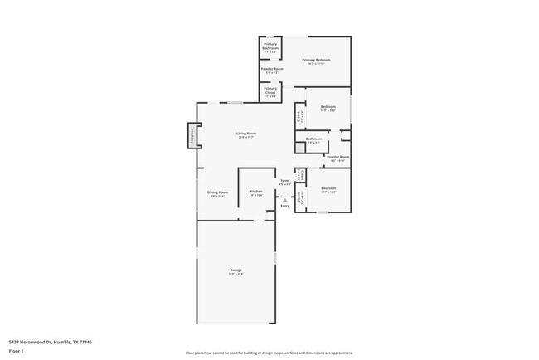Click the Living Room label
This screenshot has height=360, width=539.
point(245,133)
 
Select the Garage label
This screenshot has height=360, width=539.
point(236,270)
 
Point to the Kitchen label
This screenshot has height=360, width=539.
point(256,192)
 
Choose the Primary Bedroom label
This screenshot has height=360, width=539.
point(316,60)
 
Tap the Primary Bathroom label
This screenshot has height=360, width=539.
point(270,47)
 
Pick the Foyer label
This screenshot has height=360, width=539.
point(284,180)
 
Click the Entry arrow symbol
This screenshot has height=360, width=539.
point(284,199)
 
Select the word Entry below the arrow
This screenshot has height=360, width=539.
point(284,206)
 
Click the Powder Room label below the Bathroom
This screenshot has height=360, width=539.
point(337,156)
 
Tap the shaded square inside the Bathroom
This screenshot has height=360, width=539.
point(301,147)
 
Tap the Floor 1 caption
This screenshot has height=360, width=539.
point(17,351)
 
